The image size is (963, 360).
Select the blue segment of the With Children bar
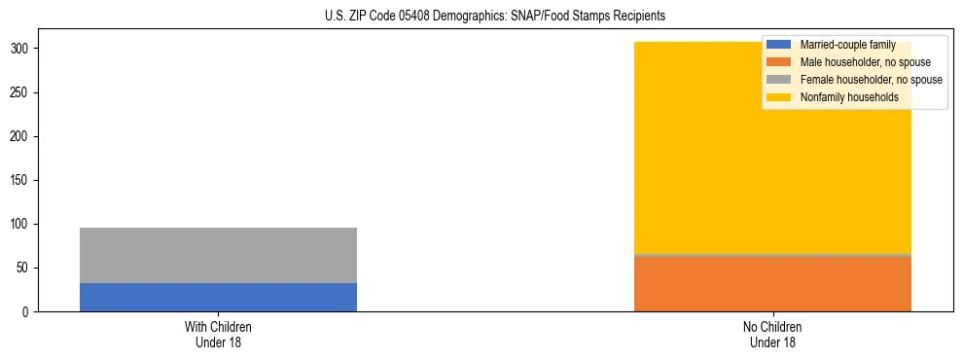218,297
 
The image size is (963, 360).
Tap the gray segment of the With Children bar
218,255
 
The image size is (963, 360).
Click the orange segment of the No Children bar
772,284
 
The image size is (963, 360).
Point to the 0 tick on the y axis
27,312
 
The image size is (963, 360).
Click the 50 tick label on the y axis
24,269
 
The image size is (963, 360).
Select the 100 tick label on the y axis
21,225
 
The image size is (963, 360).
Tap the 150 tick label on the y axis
21,181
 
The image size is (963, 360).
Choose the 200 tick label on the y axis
21,137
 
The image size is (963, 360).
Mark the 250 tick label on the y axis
21,93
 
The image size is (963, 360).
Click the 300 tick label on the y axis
21,49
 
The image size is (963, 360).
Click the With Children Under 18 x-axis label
218,335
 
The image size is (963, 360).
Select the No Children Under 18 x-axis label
772,335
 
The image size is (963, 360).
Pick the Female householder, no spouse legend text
871,80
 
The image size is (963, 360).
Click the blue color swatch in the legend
779,45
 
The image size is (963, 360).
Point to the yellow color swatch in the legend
779,97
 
